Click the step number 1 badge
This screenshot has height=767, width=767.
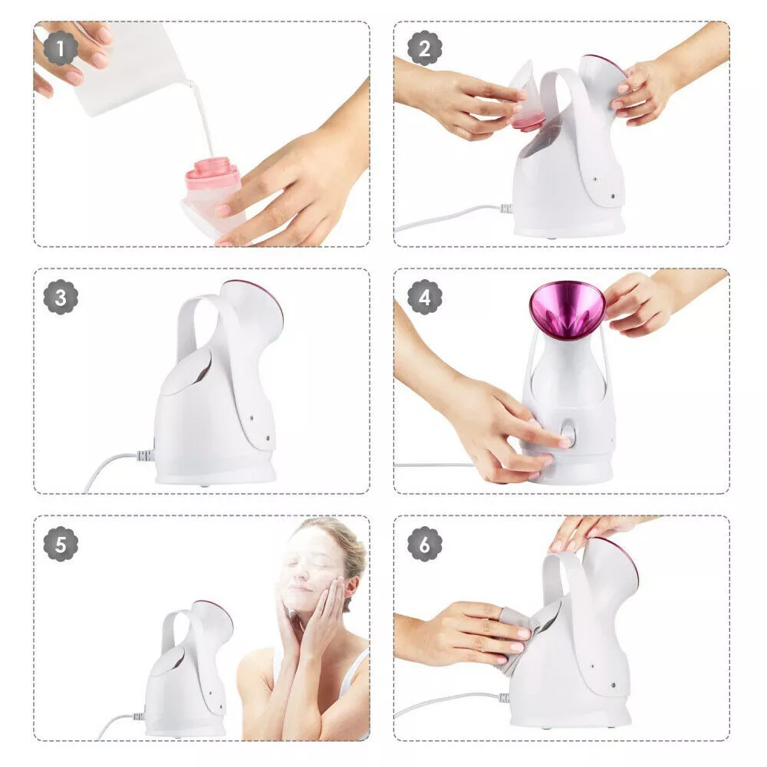[x=61, y=48]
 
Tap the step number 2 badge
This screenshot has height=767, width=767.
[x=425, y=48]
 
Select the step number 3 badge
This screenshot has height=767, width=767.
[x=61, y=297]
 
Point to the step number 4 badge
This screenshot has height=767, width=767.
[x=425, y=297]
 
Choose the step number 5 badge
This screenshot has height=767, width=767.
[x=61, y=544]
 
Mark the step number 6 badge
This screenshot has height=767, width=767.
[x=425, y=544]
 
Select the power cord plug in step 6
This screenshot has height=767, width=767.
[x=504, y=698]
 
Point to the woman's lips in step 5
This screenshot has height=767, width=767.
[x=298, y=587]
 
